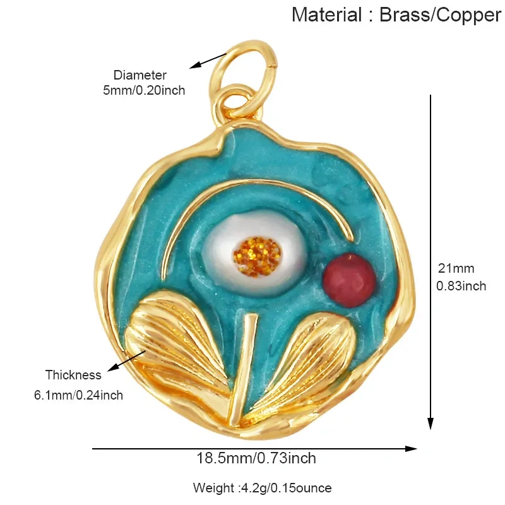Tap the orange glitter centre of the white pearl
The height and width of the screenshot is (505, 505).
coord(257,257)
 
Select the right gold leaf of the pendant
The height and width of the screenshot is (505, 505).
coord(303,364)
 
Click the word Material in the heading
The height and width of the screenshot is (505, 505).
coord(326,15)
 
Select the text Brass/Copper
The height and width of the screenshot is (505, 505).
coord(440,15)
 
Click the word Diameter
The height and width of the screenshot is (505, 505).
coord(140,75)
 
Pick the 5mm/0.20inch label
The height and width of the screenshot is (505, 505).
coord(144,90)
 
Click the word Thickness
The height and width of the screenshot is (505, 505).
coord(73,375)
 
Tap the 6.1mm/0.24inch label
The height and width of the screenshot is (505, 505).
coord(78,395)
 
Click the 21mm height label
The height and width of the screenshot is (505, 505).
coord(456,268)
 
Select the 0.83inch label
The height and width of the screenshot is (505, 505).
coord(461,286)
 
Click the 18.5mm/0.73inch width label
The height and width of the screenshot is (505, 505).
coord(256,458)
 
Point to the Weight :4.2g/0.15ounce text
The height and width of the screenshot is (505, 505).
coord(262,488)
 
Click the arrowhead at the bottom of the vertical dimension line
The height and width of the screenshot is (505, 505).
coord(431,424)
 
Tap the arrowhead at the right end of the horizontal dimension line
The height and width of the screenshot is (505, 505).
coord(411,449)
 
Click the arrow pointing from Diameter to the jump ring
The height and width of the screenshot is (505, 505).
coord(208,61)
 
